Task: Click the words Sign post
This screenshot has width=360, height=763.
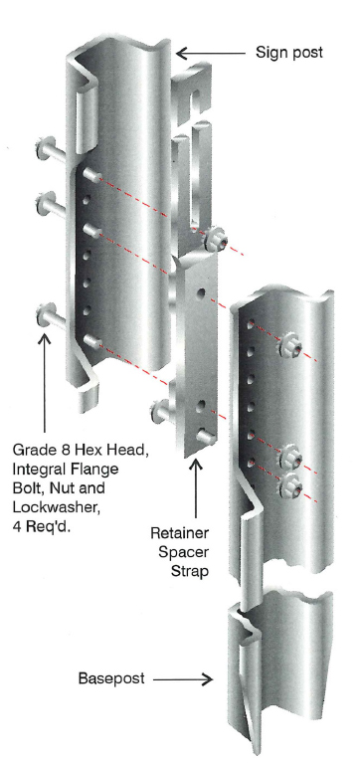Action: [289, 51]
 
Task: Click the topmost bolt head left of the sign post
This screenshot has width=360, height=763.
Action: [44, 157]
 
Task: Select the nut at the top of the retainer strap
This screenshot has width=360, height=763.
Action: [216, 240]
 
